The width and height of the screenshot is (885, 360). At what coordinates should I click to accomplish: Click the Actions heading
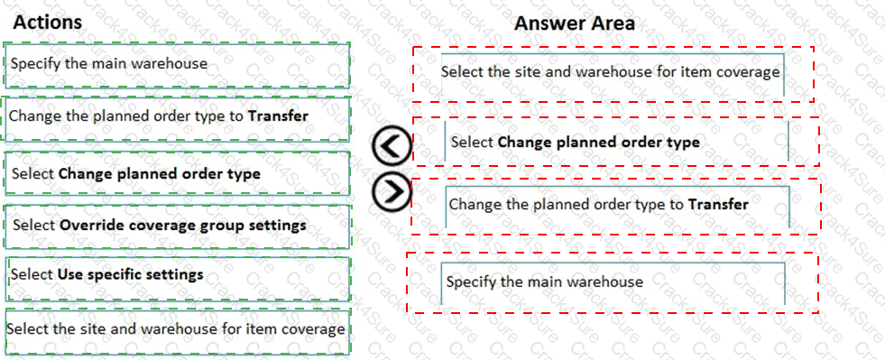tap(48, 22)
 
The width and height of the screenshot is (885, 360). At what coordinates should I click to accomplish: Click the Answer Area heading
tap(574, 23)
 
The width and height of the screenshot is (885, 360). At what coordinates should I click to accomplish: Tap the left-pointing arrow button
tap(392, 146)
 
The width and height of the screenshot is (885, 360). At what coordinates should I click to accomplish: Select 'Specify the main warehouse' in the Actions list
tap(176, 64)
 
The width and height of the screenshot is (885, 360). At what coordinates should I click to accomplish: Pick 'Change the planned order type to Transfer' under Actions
tap(176, 115)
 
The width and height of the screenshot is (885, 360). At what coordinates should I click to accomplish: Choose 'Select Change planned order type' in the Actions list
tap(176, 173)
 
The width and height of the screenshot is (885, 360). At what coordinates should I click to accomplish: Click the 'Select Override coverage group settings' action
tap(176, 225)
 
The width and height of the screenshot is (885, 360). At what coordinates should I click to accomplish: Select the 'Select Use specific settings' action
tap(176, 273)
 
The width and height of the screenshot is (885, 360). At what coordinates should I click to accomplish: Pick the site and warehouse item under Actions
tap(176, 328)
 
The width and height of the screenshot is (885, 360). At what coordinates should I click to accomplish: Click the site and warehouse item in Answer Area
tap(611, 71)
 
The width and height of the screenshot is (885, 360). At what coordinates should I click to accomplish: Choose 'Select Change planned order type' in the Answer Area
tap(616, 142)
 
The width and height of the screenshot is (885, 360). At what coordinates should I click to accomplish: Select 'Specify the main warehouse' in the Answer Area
tap(613, 282)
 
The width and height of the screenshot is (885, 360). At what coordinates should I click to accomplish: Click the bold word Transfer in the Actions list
tap(278, 115)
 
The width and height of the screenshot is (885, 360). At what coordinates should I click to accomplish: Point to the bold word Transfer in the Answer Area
tap(718, 204)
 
